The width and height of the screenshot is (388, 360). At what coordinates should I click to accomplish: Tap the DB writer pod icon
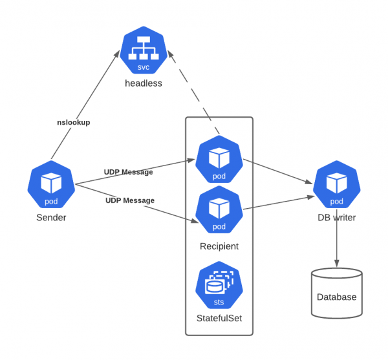pos(336,185)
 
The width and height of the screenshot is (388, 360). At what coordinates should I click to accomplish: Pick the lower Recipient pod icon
pos(219,209)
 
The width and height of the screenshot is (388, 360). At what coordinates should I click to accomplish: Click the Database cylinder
pos(336,293)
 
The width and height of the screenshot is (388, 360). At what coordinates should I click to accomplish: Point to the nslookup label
pos(74,122)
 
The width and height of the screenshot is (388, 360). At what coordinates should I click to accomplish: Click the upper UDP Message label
pos(129,172)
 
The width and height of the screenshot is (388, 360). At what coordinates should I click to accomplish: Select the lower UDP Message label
pos(130,200)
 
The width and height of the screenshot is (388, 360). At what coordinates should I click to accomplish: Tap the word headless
pos(144,83)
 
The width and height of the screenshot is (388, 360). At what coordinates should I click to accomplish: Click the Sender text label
pos(51,218)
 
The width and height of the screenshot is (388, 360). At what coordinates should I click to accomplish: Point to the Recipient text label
pos(219,246)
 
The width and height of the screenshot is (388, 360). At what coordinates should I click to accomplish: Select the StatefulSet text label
pos(219,319)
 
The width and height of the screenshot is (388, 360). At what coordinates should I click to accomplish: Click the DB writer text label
pos(336,218)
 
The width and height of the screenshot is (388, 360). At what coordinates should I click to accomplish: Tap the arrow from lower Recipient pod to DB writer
pos(278,201)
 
